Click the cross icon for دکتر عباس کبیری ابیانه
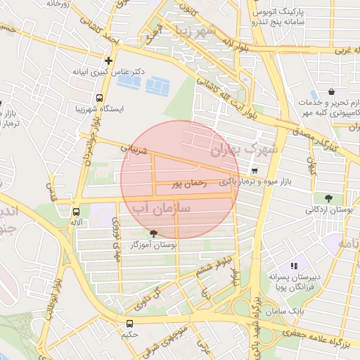point(108,60)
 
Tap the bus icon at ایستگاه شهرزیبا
point(99,98)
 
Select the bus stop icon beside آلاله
point(75,211)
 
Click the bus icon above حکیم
point(129,323)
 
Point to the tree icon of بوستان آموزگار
point(153,233)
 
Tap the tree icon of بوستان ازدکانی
point(328,198)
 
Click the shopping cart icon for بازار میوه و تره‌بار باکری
point(254,170)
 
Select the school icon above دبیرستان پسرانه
point(294,266)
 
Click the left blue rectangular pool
point(129,82)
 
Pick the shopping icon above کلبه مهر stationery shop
point(331,91)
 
